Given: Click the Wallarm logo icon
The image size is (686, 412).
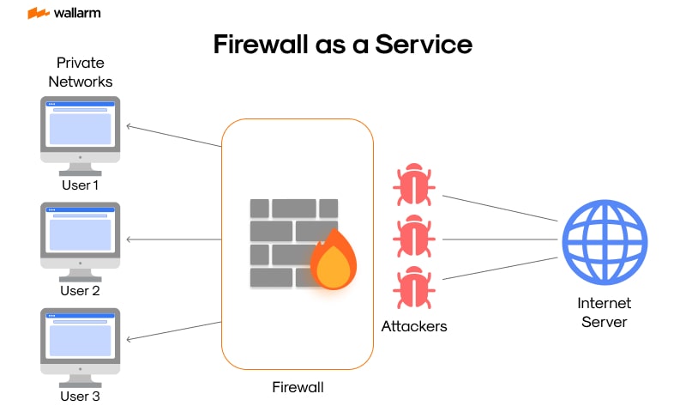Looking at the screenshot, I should (x=38, y=14).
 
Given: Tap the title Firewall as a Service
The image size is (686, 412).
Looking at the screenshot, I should (x=343, y=45).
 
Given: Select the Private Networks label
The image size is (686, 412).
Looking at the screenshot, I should (x=80, y=72).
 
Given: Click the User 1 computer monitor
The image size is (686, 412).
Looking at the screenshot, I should (x=81, y=129).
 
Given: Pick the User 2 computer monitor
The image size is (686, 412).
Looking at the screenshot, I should (x=81, y=234).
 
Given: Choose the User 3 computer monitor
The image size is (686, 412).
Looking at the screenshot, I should (x=81, y=341).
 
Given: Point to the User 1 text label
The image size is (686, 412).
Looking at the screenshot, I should (x=81, y=185).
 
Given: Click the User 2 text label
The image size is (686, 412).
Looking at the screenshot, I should (x=81, y=290).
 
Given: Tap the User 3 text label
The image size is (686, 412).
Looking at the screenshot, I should (x=81, y=397).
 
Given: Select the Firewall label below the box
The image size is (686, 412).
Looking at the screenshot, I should (x=298, y=388).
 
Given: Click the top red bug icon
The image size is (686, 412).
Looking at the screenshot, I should (x=414, y=185).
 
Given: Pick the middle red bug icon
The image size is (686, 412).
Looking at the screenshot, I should (x=414, y=235).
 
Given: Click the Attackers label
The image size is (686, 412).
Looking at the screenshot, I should (x=414, y=326).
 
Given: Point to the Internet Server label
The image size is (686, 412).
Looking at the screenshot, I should (x=605, y=312).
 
